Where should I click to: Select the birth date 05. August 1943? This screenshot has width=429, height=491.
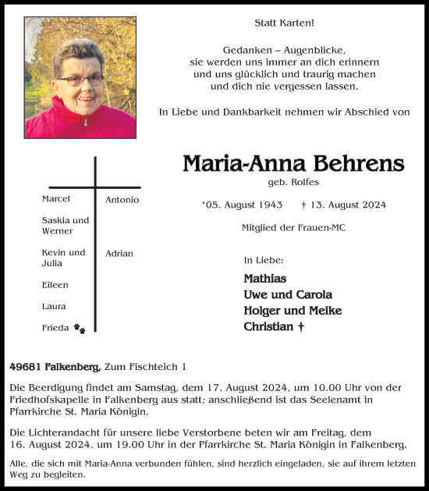tap(243, 205)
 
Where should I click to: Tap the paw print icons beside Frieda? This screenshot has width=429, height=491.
tap(80, 329)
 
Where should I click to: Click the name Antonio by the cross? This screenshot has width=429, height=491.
tap(122, 200)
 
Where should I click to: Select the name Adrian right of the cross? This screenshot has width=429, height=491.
tap(119, 254)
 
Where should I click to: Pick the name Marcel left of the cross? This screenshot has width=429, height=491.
tap(55, 199)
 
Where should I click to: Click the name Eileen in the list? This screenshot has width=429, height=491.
tap(55, 286)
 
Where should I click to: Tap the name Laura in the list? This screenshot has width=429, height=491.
tap(54, 307)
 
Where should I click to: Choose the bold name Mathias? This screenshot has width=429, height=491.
tap(264, 279)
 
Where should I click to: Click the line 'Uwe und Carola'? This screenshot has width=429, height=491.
tap(288, 295)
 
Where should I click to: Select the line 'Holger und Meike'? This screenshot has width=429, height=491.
tap(292, 311)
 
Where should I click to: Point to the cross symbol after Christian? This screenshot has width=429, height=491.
tap(301, 326)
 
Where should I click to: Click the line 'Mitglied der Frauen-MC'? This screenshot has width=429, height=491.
tap(293, 228)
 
